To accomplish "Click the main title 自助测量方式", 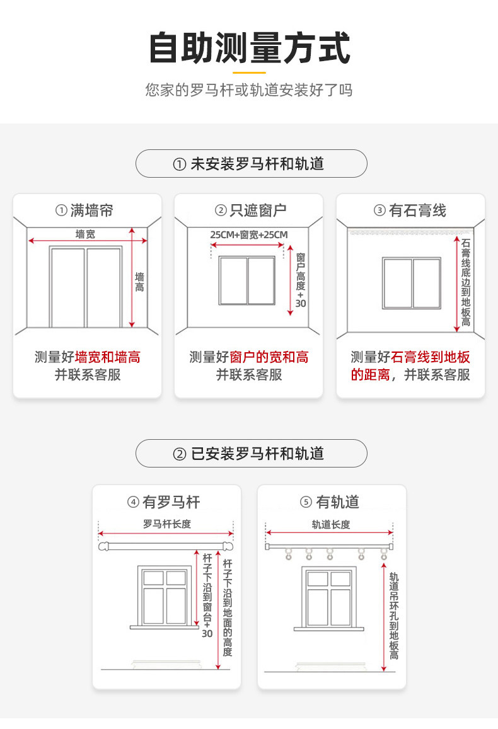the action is [x=249, y=49].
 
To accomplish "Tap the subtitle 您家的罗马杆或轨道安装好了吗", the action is [x=249, y=90].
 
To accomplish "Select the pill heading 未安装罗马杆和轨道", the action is [x=252, y=164].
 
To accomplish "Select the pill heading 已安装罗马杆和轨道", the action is [x=252, y=453].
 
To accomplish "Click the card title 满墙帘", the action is [x=86, y=210].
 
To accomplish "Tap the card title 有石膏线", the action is [x=410, y=210].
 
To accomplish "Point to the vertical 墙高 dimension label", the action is [x=139, y=282].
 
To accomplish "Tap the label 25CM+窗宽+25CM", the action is [x=248, y=235].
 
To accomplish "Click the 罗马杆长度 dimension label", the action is [x=166, y=524].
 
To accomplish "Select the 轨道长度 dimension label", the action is [x=330, y=524].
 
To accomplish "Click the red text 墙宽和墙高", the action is [x=108, y=358].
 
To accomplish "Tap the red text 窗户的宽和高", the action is [x=269, y=358].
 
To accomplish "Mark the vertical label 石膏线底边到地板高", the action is [x=466, y=282].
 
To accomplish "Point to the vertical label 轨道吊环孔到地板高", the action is [x=394, y=616].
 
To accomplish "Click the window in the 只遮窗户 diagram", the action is [x=247, y=280].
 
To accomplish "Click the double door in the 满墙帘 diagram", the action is [x=86, y=287].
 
